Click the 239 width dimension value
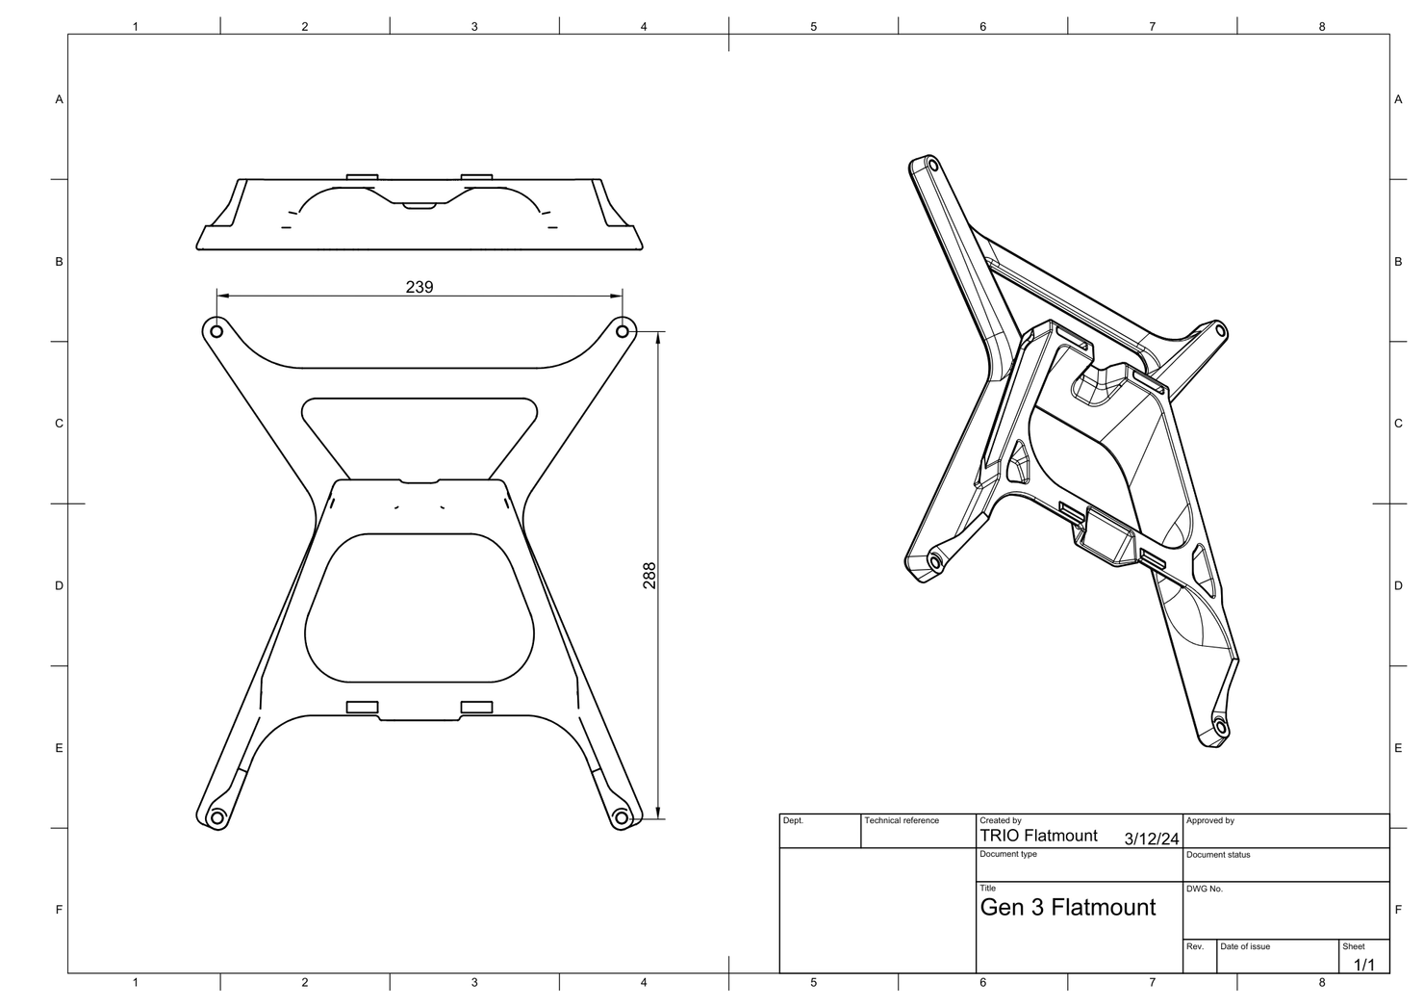[x=420, y=287]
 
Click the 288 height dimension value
[x=649, y=576]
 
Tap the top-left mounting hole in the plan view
[x=216, y=331]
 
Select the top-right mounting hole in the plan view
[x=623, y=331]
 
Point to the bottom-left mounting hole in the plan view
[x=216, y=818]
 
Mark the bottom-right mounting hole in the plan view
[x=622, y=818]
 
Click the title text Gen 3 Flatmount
[x=1067, y=907]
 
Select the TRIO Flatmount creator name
[x=1038, y=836]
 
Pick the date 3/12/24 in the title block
[x=1151, y=839]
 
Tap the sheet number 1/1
[x=1364, y=964]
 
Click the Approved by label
[x=1209, y=821]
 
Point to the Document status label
[x=1218, y=855]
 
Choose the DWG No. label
[x=1204, y=889]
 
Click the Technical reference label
[x=901, y=821]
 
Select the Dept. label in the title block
[x=793, y=821]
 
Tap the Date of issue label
[x=1245, y=946]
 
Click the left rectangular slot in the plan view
[x=362, y=707]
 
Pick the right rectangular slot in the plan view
[x=476, y=707]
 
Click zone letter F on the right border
[x=1398, y=910]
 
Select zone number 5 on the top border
[x=813, y=27]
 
